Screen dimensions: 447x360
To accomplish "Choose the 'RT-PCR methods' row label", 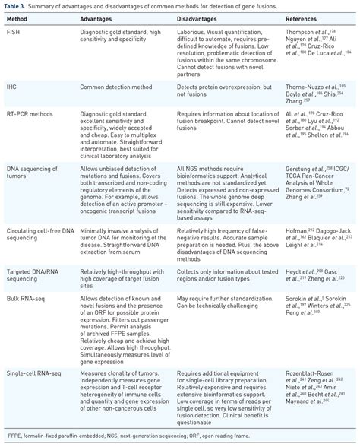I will pos(29,112).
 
